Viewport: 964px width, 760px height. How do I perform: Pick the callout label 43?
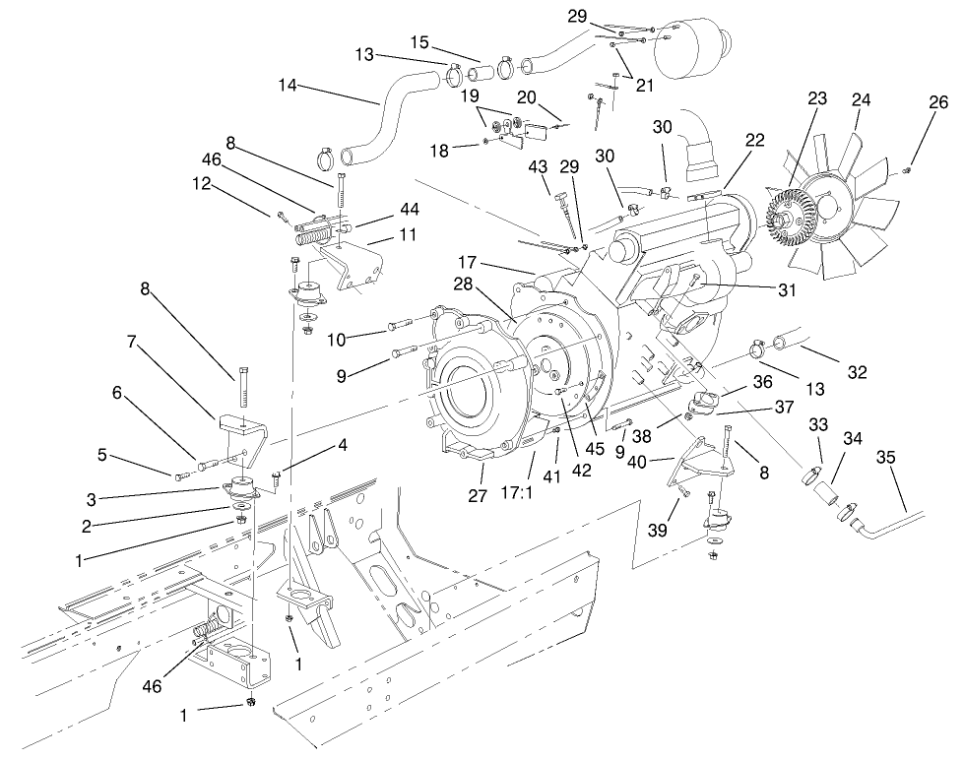point(538,167)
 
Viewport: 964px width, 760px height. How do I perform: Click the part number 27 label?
point(478,496)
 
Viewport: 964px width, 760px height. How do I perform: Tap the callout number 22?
point(754,142)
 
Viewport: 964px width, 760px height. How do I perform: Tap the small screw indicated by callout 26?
point(908,170)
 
